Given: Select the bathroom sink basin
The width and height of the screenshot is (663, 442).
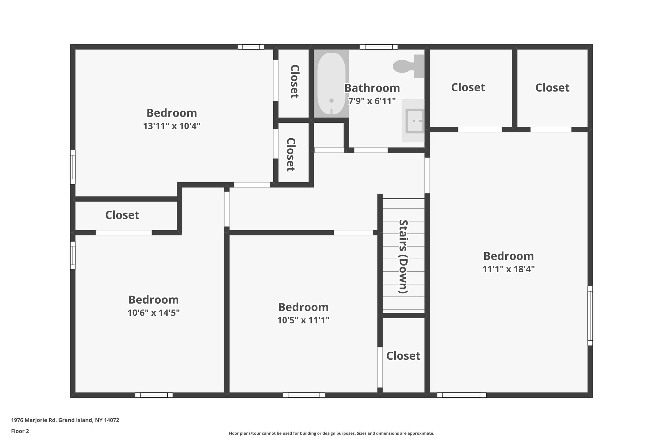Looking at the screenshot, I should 415,121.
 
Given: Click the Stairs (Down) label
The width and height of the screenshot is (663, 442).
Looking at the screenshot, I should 403,256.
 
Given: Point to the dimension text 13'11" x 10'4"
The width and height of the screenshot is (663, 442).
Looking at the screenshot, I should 172,126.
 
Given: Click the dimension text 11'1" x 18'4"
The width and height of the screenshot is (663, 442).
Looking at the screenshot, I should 508,269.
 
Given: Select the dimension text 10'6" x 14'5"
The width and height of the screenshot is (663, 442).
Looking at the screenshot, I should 153,313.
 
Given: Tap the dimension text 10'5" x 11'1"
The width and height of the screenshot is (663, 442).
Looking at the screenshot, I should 303,320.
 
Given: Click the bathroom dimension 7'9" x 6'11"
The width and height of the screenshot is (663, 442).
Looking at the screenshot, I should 372,101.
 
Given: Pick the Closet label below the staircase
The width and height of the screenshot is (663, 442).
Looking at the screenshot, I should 403,356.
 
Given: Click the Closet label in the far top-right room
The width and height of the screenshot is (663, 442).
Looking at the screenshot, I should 552,88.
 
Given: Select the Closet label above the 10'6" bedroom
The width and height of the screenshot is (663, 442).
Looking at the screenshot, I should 122,215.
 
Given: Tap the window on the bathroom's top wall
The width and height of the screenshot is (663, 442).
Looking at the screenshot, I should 379,47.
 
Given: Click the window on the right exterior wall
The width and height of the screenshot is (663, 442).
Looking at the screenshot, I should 590,316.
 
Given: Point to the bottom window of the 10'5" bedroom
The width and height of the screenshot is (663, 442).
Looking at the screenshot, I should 304,395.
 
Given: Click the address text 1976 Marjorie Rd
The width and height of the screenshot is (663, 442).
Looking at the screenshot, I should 65,420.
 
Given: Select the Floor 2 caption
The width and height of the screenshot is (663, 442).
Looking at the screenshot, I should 20,431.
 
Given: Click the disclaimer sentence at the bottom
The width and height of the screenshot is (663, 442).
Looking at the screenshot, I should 331,433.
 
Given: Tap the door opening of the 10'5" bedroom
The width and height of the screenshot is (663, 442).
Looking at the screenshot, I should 353,232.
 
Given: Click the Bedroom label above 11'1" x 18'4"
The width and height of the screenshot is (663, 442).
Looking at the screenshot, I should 508,256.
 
